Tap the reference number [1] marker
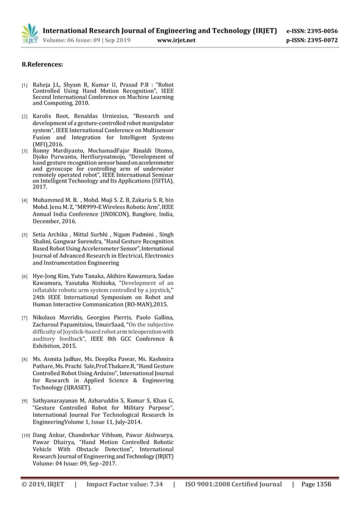(24, 86)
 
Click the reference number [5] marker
(24, 235)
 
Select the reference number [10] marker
(25, 435)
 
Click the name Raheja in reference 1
(42, 85)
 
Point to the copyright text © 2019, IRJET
(43, 485)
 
